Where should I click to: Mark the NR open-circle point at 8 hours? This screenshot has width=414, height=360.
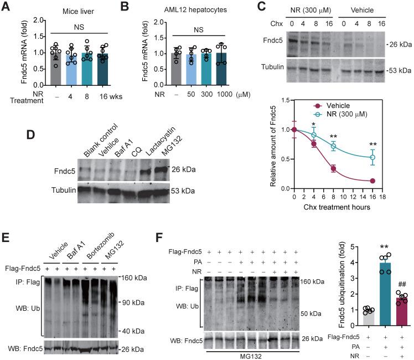tap(333, 147)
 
